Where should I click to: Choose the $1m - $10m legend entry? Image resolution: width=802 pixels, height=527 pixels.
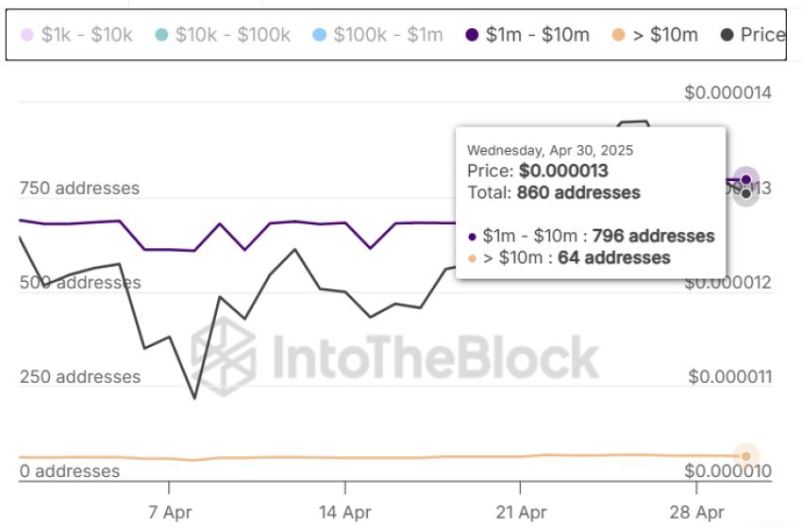527,35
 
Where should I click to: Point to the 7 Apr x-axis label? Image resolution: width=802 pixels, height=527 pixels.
170,512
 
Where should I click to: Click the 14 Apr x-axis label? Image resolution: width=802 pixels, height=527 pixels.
345,512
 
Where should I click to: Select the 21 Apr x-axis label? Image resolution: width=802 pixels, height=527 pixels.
520,512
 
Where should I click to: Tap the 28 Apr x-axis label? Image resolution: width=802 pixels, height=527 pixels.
695,512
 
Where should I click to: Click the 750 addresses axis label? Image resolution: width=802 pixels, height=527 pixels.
79,188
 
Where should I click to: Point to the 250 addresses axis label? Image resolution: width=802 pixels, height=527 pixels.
79,376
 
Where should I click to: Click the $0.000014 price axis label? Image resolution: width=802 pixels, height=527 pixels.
729,93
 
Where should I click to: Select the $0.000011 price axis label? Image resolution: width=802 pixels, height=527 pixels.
729,376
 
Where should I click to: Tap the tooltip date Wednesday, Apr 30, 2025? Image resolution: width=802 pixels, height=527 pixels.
550,150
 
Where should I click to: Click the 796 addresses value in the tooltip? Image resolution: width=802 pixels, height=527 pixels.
653,236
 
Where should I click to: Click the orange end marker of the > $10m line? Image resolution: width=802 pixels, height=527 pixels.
745,456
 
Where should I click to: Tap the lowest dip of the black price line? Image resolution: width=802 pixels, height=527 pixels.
195,398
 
